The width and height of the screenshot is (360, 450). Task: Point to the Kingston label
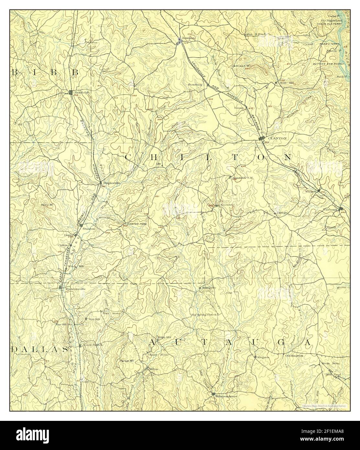[x=263, y=357]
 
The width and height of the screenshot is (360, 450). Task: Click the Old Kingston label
[x=294, y=356]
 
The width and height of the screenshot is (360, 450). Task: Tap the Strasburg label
[x=196, y=85]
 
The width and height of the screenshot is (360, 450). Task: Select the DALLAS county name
[x=39, y=350]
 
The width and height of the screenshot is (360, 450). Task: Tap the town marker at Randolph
[x=71, y=92]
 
